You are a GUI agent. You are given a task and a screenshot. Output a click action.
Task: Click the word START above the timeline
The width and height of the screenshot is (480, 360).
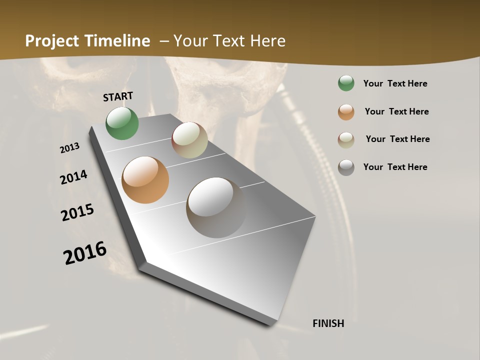click(118, 96)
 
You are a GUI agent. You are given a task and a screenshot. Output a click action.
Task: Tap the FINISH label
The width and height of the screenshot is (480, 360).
click(328, 323)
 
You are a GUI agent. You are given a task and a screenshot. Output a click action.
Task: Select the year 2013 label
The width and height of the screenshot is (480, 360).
click(70, 148)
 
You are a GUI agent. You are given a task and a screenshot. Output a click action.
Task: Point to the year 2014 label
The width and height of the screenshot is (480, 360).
click(74, 177)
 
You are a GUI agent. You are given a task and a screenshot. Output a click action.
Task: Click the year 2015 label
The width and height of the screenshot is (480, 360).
click(77, 212)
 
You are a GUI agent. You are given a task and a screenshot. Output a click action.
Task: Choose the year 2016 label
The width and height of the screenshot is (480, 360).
click(85, 253)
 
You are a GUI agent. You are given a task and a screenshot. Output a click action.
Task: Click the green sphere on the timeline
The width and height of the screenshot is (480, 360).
click(122, 123)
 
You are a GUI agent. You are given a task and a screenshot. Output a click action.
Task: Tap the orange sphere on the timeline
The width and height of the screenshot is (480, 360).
click(145, 180)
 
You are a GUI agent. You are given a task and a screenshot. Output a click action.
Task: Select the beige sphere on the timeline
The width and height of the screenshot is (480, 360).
click(189, 140)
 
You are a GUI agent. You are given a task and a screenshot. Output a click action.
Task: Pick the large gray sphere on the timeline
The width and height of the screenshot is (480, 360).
click(216, 207)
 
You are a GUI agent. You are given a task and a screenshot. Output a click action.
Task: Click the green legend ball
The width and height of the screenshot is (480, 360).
click(346, 83)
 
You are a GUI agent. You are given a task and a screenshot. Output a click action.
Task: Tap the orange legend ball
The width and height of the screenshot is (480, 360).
click(346, 111)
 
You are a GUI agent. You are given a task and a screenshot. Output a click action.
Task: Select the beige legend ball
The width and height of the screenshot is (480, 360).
click(346, 139)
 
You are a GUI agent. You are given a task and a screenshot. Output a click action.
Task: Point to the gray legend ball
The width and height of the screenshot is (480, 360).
click(346, 167)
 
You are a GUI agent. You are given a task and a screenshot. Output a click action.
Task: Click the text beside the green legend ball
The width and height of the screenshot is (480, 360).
click(395, 83)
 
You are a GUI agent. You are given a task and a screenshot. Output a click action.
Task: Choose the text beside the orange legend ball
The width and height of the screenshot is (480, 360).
click(396, 111)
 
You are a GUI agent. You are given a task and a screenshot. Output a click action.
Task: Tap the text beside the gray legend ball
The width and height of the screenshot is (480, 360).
click(395, 167)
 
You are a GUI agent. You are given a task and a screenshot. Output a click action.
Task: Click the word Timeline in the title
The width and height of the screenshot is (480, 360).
click(117, 41)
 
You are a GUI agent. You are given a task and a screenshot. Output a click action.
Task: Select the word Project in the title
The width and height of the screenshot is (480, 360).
click(52, 41)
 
